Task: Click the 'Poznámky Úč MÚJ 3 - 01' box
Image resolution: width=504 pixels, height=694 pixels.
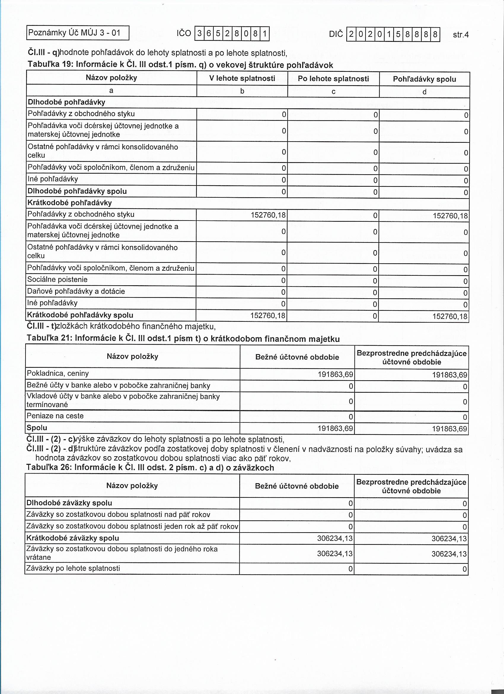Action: click(78, 33)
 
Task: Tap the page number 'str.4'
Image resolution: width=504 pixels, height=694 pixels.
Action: click(460, 34)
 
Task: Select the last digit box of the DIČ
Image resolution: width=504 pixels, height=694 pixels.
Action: click(435, 34)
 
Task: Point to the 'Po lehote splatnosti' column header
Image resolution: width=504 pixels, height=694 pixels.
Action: click(333, 79)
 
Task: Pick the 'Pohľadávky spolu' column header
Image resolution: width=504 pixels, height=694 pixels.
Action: click(424, 79)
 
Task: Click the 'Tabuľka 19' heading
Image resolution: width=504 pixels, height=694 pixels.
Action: click(180, 65)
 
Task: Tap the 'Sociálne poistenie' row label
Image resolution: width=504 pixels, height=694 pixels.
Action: click(58, 279)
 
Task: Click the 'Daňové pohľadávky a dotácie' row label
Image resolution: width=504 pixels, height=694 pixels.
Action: click(76, 291)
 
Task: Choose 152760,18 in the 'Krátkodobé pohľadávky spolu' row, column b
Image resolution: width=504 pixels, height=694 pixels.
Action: click(268, 315)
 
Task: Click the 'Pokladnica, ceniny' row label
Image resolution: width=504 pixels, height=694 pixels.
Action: click(58, 373)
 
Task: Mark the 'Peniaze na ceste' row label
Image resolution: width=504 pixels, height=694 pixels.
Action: click(55, 416)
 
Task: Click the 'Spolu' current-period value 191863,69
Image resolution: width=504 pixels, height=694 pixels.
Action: click(335, 428)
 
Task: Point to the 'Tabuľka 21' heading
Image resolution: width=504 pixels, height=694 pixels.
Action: click(183, 339)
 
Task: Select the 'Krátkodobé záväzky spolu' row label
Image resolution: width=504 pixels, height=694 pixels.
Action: click(73, 538)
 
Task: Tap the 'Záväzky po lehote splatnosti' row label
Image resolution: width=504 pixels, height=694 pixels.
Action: click(73, 568)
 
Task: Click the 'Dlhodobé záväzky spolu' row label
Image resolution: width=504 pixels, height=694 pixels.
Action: click(69, 503)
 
